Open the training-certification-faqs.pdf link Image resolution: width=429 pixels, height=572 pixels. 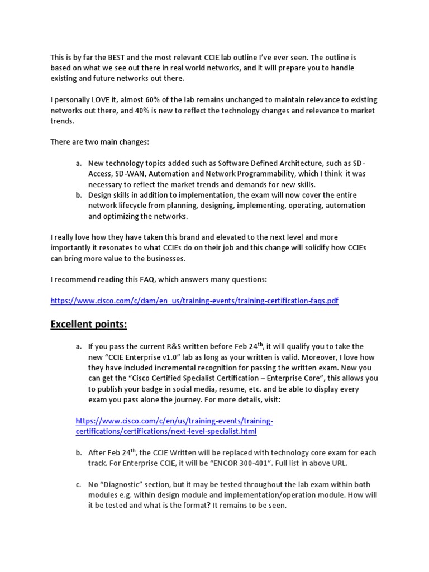tap(194, 301)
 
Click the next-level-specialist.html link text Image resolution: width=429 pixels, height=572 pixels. tap(166, 432)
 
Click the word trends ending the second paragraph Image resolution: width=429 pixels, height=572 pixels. tap(60, 121)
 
